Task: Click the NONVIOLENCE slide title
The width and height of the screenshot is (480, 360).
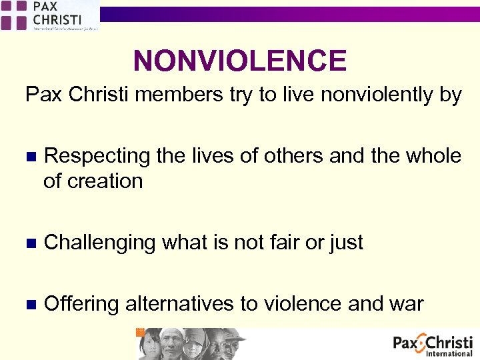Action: tap(240, 61)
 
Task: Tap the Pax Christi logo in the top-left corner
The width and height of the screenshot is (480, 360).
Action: tap(50, 15)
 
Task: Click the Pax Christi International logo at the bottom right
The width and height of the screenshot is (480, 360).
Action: tap(433, 345)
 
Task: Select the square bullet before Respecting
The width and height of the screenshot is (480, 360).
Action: tap(29, 157)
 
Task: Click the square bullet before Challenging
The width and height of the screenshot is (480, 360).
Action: tap(29, 243)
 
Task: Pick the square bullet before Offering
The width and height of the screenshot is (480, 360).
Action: tap(29, 305)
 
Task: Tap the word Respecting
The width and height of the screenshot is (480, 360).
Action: tap(97, 156)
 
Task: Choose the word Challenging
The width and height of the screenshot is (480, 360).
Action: tap(99, 243)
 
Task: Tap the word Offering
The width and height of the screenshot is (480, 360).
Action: tap(81, 304)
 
